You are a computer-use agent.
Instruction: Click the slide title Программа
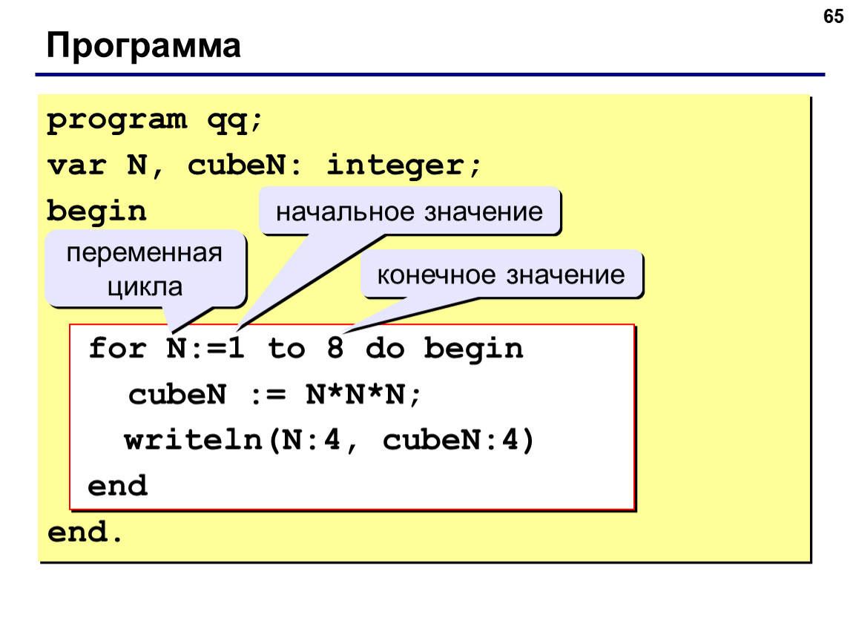click(143, 46)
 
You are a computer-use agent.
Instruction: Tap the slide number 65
click(833, 16)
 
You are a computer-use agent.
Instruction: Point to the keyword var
click(76, 165)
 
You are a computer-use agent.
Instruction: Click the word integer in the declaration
click(395, 165)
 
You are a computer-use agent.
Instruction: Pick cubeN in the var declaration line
click(237, 165)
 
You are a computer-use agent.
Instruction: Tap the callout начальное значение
click(409, 211)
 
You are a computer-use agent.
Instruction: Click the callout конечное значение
click(501, 275)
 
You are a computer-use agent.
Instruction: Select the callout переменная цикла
click(145, 269)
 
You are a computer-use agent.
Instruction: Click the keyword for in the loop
click(117, 347)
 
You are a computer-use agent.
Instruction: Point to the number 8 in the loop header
click(335, 347)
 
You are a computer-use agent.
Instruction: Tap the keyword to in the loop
click(286, 348)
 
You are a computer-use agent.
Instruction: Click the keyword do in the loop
click(385, 348)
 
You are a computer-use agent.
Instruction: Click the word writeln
click(193, 439)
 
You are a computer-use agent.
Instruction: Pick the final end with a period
click(85, 532)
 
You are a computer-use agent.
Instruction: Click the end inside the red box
click(117, 485)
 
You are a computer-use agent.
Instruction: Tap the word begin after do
click(473, 349)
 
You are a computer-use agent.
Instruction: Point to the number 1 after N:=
click(236, 347)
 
